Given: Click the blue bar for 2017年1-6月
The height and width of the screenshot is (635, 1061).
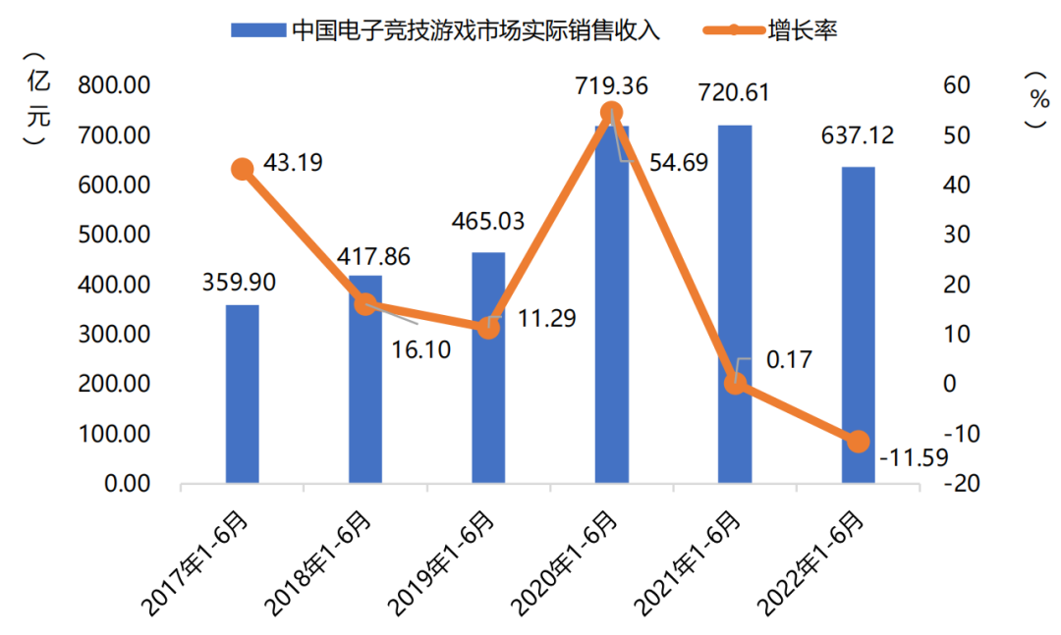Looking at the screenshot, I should click(243, 395).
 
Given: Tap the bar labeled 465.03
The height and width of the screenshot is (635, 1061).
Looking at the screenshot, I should click(489, 368).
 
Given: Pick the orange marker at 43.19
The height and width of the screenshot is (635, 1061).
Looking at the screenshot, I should click(242, 170).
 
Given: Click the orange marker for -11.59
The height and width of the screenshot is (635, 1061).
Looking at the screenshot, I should click(859, 442).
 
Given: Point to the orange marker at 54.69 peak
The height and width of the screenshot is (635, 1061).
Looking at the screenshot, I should click(611, 112).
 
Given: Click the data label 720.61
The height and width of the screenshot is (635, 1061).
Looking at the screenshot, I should click(733, 93).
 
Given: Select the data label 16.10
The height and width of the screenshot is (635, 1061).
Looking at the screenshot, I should click(419, 348).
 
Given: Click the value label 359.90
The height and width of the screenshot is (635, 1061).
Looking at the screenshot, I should click(239, 283).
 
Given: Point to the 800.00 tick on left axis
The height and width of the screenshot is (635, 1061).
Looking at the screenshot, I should click(115, 85).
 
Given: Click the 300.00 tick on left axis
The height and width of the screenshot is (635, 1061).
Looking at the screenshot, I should click(115, 335).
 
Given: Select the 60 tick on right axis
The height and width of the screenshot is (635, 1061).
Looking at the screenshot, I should click(956, 85).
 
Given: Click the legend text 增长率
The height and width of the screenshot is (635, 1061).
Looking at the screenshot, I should click(803, 30).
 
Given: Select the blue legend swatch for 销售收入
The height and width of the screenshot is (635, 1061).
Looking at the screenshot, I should click(257, 30).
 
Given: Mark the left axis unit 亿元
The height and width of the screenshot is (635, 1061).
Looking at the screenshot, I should click(37, 98).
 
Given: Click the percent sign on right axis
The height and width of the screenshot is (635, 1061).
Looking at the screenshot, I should click(1037, 98).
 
